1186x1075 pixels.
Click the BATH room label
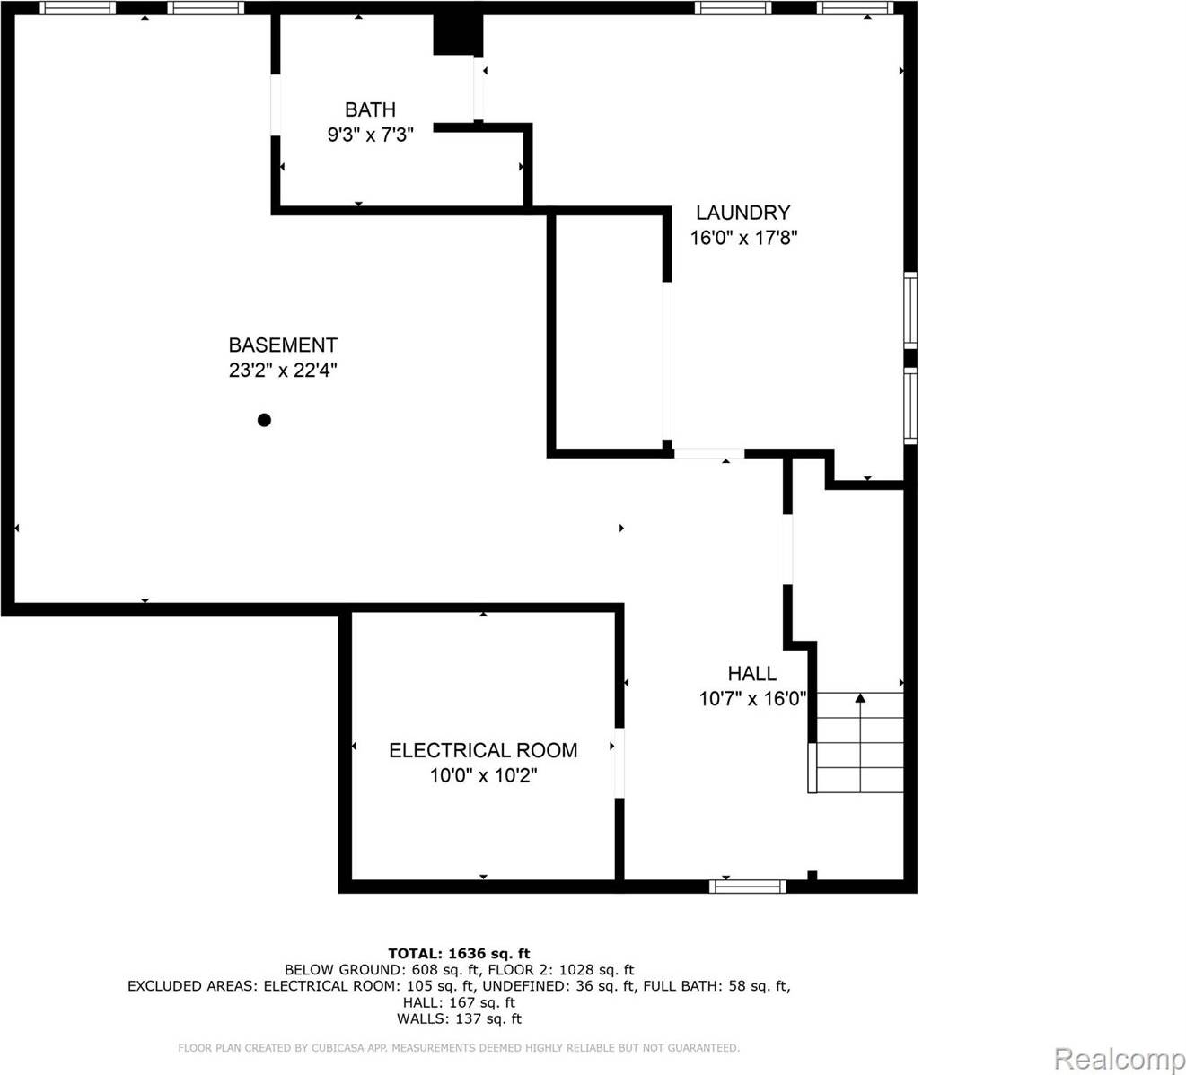370,109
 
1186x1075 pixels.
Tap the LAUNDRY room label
743,213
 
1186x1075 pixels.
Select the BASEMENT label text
283,345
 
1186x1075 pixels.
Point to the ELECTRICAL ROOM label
483,750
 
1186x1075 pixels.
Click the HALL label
751,673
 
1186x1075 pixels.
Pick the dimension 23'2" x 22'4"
283,370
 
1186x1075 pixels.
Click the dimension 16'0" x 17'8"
743,238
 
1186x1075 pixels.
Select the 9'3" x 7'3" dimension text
370,135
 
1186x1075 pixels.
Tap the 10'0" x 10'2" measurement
483,775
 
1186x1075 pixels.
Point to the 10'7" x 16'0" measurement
752,698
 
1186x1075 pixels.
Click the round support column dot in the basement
264,420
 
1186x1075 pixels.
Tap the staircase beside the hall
858,743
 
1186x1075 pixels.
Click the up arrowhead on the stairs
860,697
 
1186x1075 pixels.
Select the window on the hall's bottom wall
747,887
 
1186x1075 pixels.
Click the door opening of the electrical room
619,763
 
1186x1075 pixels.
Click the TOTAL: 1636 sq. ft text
459,953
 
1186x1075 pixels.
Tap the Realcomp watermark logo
1119,1059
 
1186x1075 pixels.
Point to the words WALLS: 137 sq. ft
459,1018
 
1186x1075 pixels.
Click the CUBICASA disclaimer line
459,1048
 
